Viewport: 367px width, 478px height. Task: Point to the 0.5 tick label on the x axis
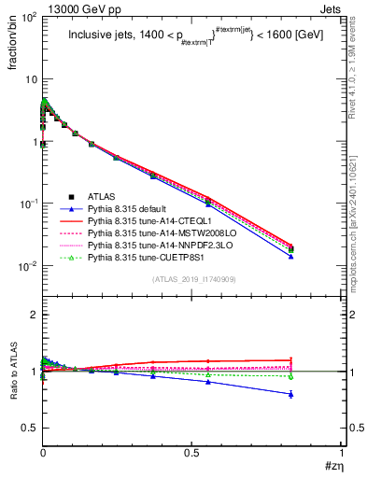192,452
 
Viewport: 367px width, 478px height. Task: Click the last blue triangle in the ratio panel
317,394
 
